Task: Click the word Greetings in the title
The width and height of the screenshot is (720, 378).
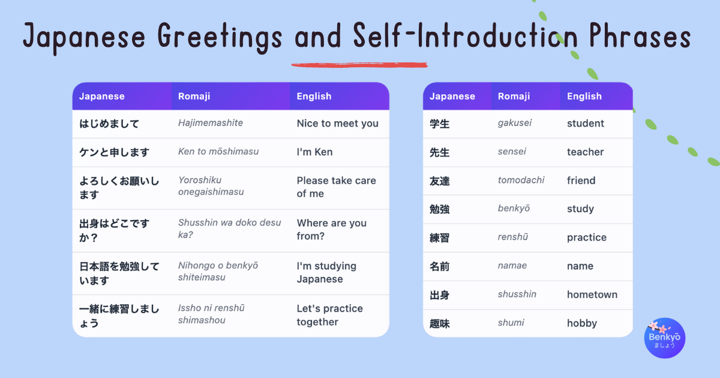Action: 219,37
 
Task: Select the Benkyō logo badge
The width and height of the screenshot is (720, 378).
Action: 664,338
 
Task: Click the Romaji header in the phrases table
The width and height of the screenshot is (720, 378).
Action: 194,96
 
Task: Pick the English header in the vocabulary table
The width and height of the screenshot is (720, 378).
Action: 584,96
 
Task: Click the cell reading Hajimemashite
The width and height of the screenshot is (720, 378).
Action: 210,123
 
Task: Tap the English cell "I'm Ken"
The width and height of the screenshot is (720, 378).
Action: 314,152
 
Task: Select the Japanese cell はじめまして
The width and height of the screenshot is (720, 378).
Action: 109,124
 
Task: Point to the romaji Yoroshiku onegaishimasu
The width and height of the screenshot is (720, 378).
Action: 211,186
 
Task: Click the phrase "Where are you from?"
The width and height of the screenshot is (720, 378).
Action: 331,229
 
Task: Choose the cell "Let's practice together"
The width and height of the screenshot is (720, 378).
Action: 329,315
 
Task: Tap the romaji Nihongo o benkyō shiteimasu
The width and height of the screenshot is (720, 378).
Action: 218,271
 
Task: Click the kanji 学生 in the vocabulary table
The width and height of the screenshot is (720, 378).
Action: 440,124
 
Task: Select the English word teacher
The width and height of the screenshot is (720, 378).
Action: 585,152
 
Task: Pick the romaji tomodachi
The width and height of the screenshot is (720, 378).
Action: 521,180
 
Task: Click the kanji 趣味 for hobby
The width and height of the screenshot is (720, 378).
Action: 440,323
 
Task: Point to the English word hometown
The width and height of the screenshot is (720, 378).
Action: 592,295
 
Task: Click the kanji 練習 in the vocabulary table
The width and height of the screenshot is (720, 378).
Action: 440,238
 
